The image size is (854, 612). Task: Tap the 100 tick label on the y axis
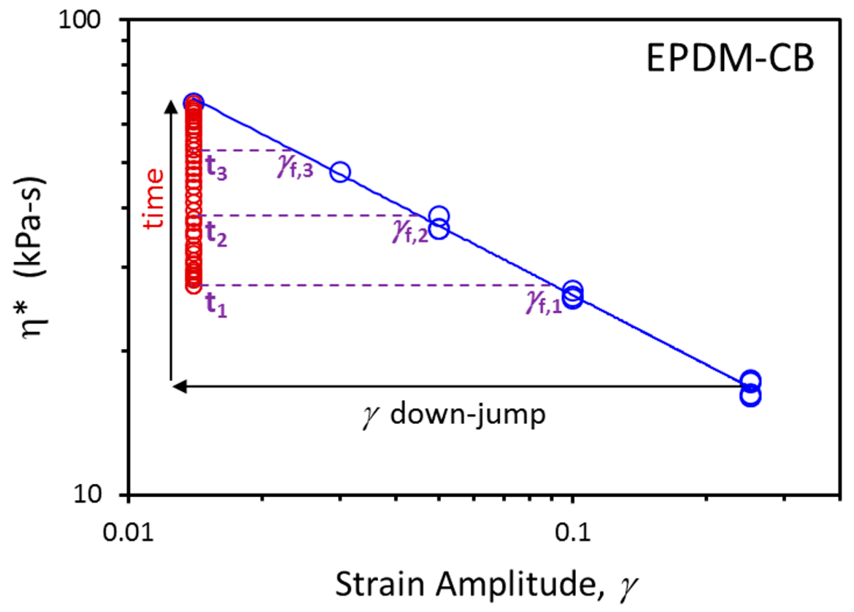click(80, 19)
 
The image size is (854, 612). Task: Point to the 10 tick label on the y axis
click(87, 493)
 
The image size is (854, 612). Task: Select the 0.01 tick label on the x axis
click(128, 532)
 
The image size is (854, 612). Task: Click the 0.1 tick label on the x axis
click(572, 532)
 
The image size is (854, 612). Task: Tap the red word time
click(154, 199)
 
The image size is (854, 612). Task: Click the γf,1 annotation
click(544, 303)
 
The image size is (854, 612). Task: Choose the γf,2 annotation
click(410, 232)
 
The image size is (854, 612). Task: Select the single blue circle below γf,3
click(340, 172)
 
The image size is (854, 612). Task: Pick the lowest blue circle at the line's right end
click(750, 396)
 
